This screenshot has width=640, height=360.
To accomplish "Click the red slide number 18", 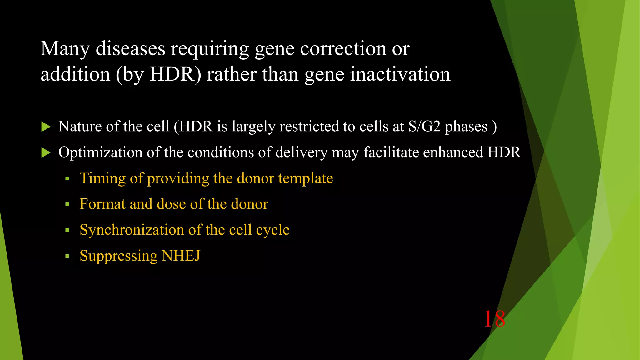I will point(494,319).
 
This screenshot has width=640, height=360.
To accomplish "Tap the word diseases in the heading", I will point(130,49).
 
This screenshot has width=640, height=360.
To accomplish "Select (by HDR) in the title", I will point(158,75).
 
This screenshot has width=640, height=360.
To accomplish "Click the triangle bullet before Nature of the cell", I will point(46,127).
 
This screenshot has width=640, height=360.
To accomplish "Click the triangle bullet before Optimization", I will point(46,153).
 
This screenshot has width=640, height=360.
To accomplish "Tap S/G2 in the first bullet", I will point(424,127).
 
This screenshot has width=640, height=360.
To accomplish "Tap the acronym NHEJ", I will point(181,256).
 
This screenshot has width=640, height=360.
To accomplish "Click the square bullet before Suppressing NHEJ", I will point(67,256).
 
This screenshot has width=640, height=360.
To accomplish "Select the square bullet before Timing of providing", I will point(67,179).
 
